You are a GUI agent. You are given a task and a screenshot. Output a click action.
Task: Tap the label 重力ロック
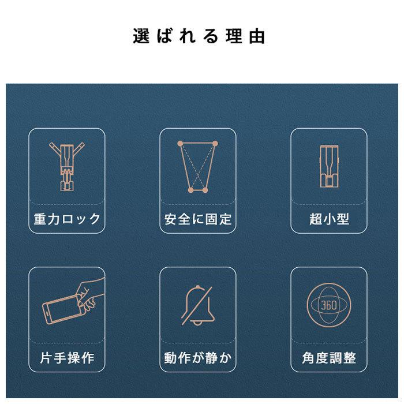point(67,219)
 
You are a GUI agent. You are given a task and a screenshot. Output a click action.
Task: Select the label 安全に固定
point(198,219)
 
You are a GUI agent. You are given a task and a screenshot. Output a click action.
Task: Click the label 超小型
point(329,219)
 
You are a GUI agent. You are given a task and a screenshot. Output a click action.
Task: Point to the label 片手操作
point(67,358)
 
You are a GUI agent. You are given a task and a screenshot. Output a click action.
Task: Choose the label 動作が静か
point(198,358)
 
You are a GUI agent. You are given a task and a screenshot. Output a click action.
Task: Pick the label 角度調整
point(329,358)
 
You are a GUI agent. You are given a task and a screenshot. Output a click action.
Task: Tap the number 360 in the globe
point(328,304)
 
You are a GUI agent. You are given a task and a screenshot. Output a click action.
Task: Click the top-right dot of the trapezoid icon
point(216,143)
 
